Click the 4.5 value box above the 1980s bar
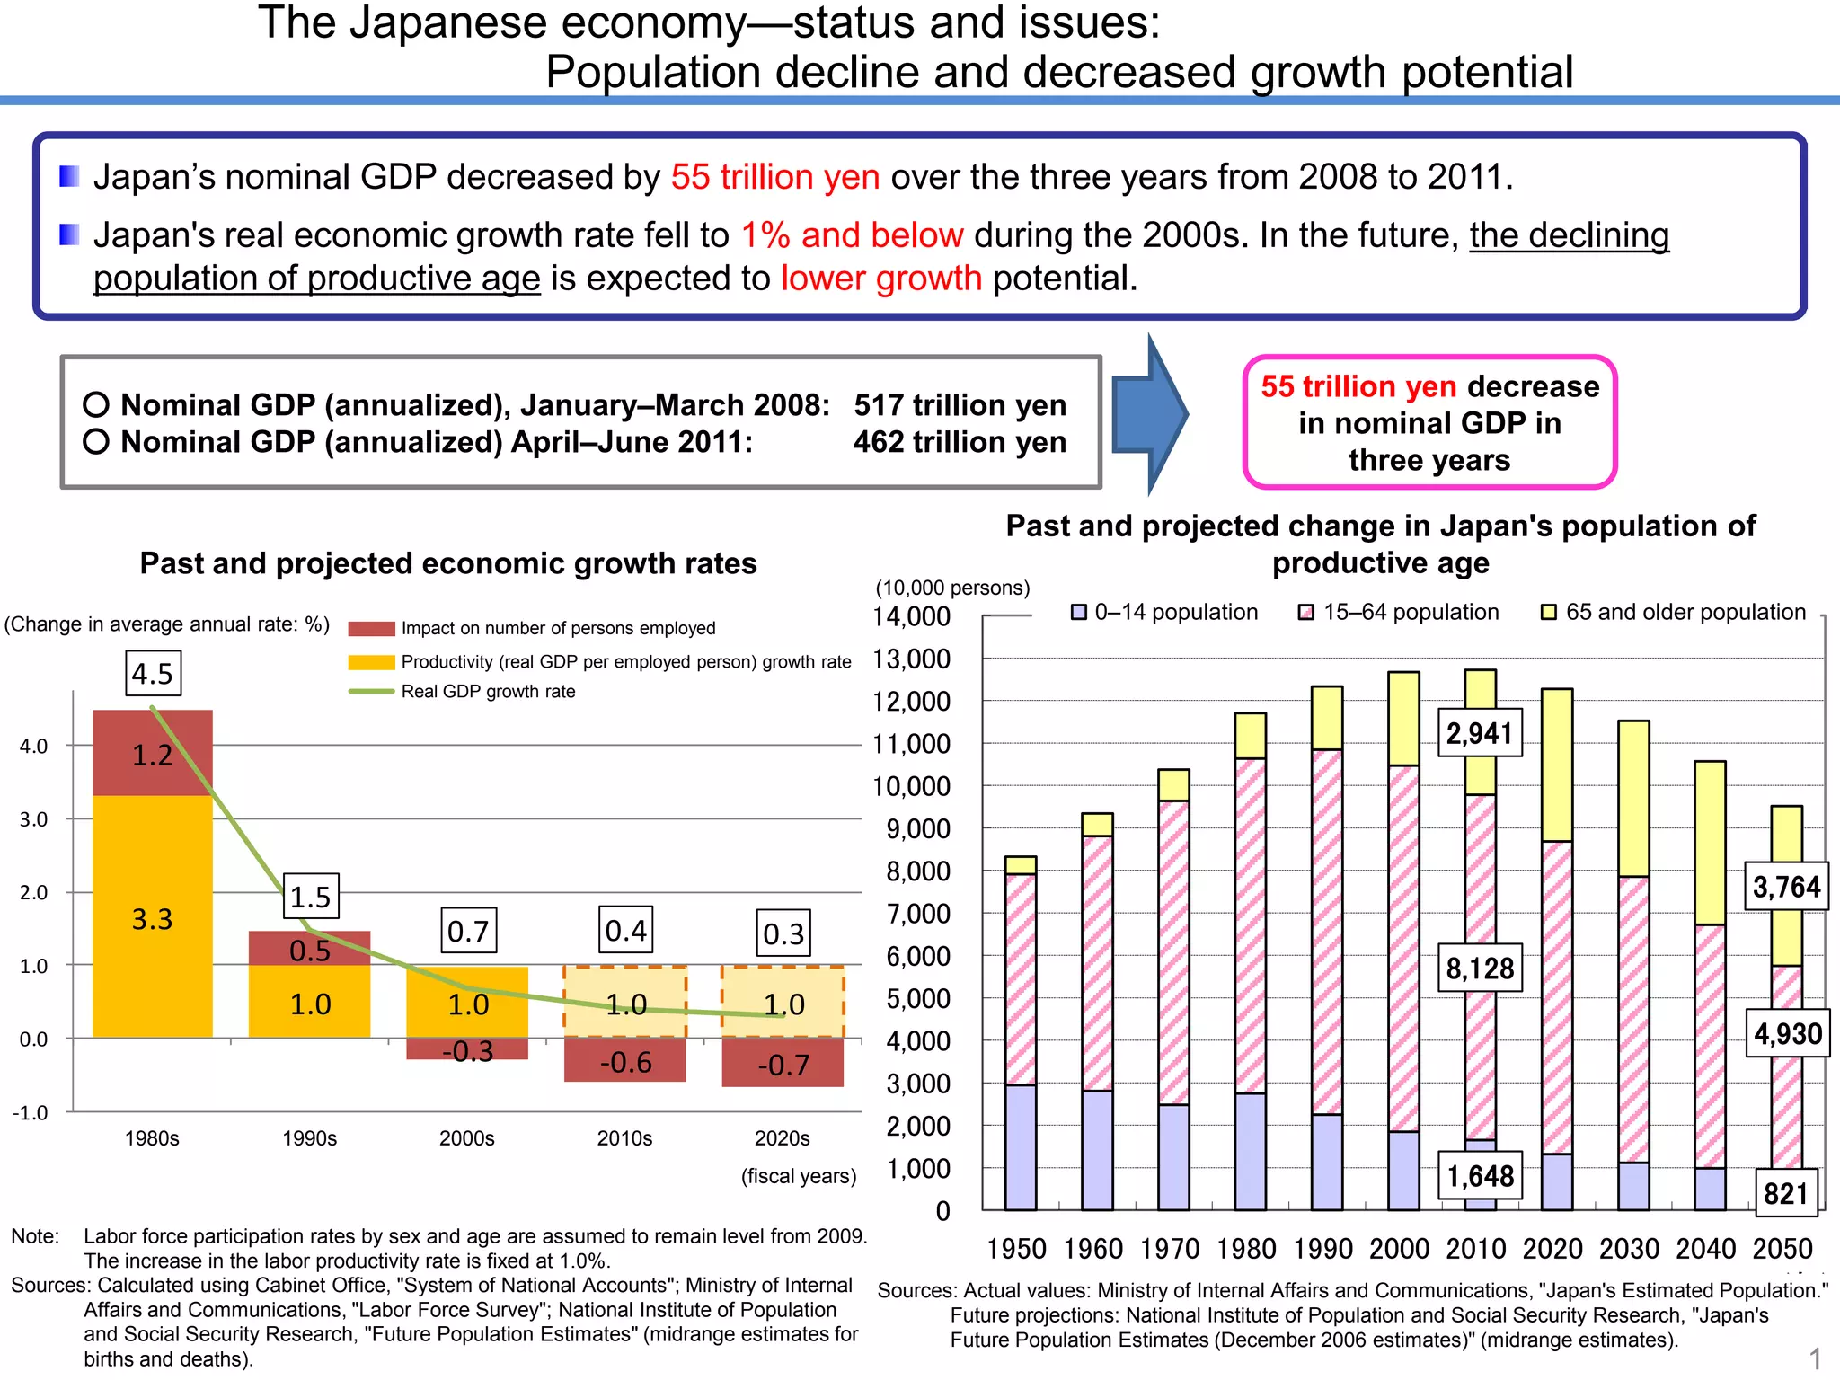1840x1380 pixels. (x=153, y=674)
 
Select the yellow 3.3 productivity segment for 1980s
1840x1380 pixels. (x=153, y=918)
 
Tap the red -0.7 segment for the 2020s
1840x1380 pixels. (x=783, y=1064)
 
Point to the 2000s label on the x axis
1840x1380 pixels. (x=467, y=1138)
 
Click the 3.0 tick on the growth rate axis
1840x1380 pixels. (x=33, y=819)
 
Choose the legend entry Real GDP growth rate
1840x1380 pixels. (x=488, y=692)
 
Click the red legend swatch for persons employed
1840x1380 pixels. (x=371, y=629)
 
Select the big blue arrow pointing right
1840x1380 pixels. (x=1150, y=415)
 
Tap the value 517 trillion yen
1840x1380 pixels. (x=960, y=405)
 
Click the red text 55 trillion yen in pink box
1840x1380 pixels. (x=1358, y=386)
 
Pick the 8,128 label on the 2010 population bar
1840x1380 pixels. (x=1480, y=969)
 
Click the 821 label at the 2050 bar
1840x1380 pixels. (x=1785, y=1193)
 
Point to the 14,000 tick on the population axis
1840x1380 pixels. (x=911, y=616)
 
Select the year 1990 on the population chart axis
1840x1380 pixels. (x=1322, y=1249)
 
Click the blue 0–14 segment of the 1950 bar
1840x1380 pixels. (x=1021, y=1147)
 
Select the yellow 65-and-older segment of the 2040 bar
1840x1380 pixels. (x=1710, y=843)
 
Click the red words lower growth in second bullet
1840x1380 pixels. (x=880, y=279)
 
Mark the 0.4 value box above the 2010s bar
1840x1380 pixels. (x=625, y=931)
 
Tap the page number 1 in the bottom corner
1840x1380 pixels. (x=1815, y=1358)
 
